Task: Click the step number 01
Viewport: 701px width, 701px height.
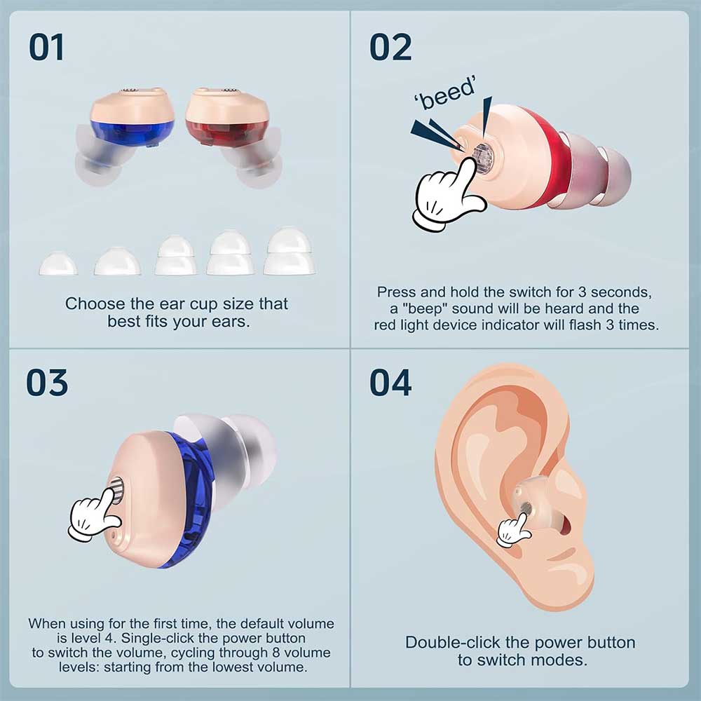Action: (46, 47)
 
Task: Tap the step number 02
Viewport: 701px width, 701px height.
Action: (390, 47)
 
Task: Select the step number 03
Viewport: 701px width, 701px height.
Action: (47, 382)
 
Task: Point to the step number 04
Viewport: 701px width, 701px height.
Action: (390, 382)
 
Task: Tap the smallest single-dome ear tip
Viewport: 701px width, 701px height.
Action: (58, 264)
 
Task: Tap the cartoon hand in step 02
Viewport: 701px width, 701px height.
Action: (447, 197)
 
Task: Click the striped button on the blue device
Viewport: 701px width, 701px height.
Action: (117, 490)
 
